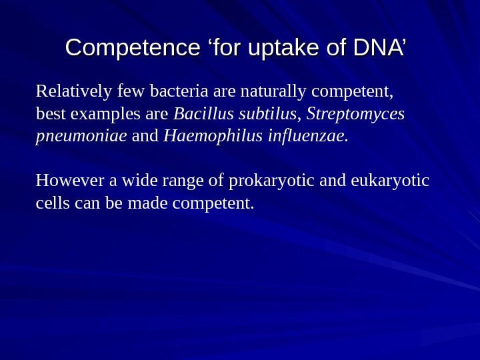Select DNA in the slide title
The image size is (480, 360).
377,48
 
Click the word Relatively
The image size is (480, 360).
74,90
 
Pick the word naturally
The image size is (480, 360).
273,91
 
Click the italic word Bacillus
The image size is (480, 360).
201,113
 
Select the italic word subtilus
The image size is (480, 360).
265,113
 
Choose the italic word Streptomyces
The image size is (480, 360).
355,114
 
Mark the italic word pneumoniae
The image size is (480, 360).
81,137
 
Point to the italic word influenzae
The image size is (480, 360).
307,136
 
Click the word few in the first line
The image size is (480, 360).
131,90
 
